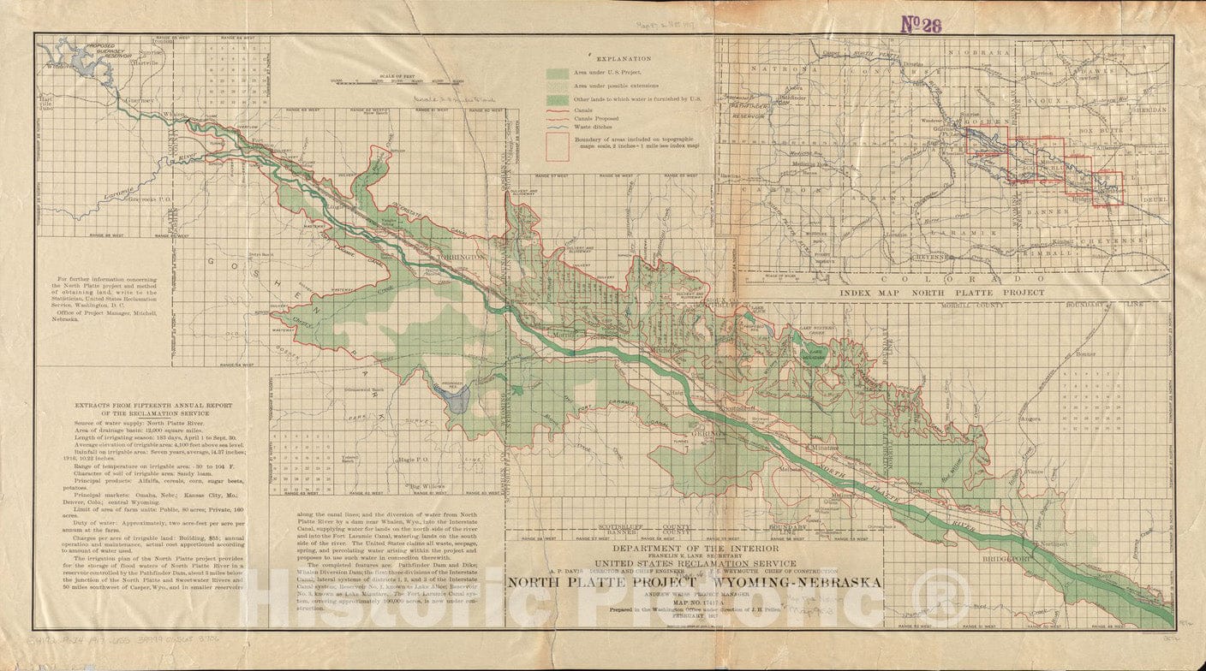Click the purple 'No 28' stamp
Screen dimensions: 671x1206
[x=921, y=24]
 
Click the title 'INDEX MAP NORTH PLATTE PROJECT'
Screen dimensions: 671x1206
[x=942, y=293]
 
